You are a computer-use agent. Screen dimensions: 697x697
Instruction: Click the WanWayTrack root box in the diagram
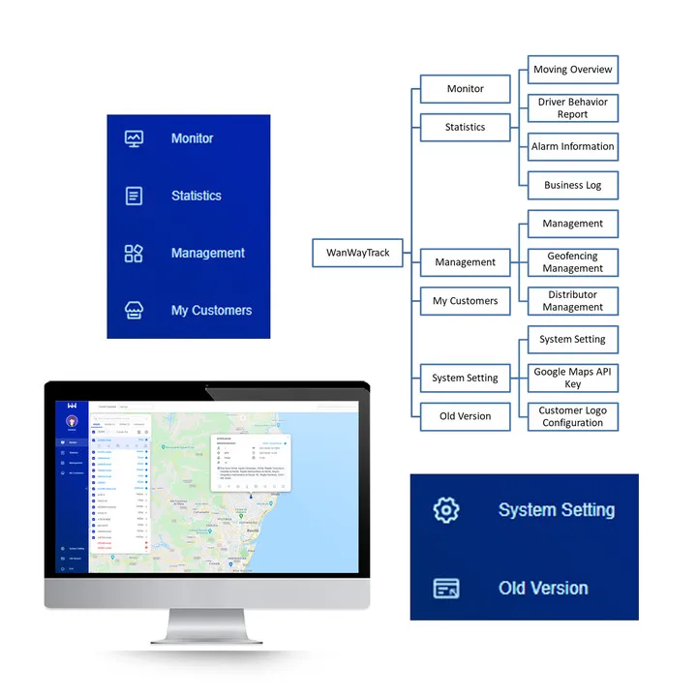(357, 254)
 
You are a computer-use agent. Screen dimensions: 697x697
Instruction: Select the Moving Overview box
(572, 70)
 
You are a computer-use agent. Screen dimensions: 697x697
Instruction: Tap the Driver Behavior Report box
(572, 107)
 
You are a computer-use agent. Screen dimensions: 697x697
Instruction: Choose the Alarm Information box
(572, 146)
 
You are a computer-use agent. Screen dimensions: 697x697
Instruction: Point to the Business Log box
(572, 185)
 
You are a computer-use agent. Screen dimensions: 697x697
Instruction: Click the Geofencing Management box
(572, 262)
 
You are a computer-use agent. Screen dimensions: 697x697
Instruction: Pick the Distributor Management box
(572, 301)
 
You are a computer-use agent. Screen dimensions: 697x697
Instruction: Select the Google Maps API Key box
(572, 378)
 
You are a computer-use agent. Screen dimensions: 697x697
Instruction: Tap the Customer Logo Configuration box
(572, 416)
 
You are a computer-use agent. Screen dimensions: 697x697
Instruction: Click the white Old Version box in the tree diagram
(465, 416)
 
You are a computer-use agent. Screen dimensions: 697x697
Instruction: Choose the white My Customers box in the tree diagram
(465, 301)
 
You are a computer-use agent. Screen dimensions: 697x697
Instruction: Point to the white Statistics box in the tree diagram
(465, 127)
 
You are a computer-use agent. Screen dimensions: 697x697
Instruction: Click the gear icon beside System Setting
(446, 510)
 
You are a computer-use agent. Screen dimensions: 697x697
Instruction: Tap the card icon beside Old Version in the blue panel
(446, 588)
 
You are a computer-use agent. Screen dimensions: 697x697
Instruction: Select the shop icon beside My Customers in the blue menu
(134, 311)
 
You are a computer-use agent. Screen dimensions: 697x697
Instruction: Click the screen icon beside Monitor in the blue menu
(134, 138)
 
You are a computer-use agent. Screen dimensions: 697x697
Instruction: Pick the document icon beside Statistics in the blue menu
(134, 196)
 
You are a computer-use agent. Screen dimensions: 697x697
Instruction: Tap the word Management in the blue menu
(207, 254)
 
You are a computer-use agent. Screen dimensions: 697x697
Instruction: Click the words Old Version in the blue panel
(542, 588)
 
